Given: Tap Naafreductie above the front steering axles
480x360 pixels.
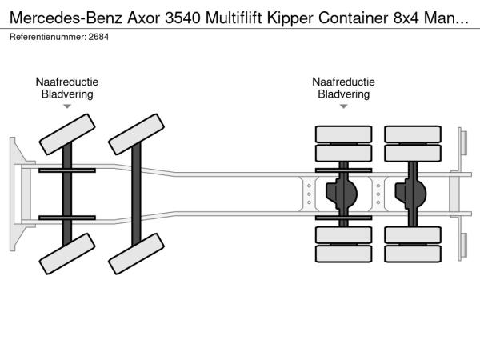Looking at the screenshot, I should point(66,82).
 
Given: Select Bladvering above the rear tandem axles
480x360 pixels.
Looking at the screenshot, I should point(343,94).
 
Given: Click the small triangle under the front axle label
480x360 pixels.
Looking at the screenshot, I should point(66,106).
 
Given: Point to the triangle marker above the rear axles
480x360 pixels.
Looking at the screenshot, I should point(343,106).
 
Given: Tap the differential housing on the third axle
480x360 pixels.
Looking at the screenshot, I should point(344,193).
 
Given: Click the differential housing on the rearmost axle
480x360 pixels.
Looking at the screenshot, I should point(413,193).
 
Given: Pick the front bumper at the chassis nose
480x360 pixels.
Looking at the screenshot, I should point(15,193).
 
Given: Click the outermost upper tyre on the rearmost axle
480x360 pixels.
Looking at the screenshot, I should point(413,134).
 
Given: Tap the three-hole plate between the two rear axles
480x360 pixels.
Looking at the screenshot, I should point(378,193).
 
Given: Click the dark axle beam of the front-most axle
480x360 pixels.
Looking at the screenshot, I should point(66,193).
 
